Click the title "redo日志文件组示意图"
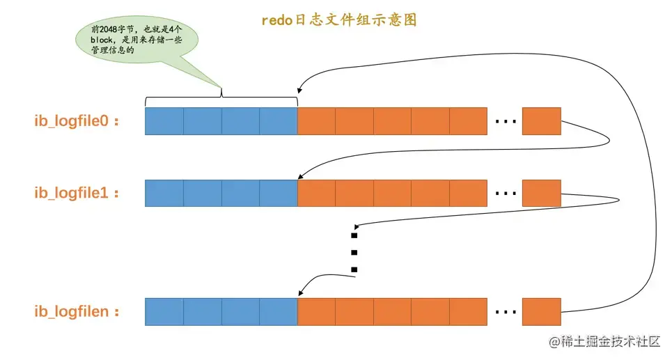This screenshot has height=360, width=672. pyautogui.click(x=338, y=20)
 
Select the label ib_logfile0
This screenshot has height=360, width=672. pyautogui.click(x=77, y=121)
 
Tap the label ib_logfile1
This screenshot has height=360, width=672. pyautogui.click(x=77, y=193)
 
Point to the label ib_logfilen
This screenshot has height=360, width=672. pyautogui.click(x=77, y=311)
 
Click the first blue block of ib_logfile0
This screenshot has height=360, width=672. pyautogui.click(x=164, y=121)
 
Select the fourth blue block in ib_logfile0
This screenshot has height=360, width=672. pyautogui.click(x=278, y=121)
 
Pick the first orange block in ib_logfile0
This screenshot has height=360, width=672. pyautogui.click(x=316, y=121)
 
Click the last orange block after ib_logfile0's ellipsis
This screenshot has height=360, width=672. pyautogui.click(x=541, y=121)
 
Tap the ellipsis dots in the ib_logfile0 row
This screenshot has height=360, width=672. pyautogui.click(x=505, y=122)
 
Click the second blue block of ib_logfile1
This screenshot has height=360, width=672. pyautogui.click(x=203, y=193)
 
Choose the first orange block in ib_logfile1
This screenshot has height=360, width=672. pyautogui.click(x=316, y=193)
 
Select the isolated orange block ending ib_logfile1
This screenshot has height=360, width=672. pyautogui.click(x=541, y=193)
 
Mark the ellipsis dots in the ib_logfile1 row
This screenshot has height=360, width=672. pyautogui.click(x=505, y=194)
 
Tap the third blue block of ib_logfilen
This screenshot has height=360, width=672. pyautogui.click(x=240, y=311)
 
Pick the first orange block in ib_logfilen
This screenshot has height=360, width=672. pyautogui.click(x=316, y=311)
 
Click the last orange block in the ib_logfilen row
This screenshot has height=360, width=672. pyautogui.click(x=541, y=311)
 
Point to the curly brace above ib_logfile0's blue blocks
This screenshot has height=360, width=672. pyautogui.click(x=221, y=95)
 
